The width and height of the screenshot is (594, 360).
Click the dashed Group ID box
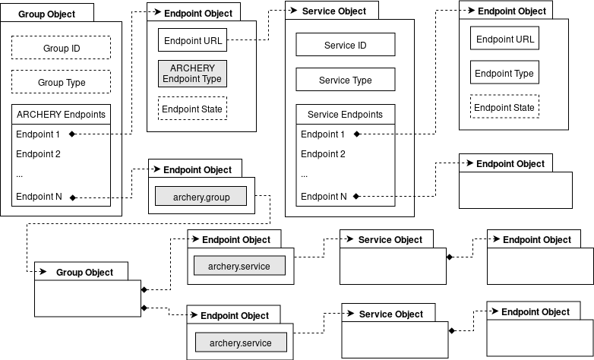click(62, 49)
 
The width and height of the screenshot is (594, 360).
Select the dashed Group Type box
click(62, 82)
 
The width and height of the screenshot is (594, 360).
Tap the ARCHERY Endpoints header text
click(62, 115)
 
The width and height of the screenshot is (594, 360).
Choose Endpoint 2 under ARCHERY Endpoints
click(38, 153)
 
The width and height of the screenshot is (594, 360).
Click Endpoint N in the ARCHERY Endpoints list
click(39, 197)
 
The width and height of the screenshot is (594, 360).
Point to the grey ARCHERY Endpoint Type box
click(193, 73)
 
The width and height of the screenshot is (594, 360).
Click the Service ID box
click(345, 46)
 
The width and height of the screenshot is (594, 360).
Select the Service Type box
click(345, 80)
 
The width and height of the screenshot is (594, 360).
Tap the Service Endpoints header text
click(345, 115)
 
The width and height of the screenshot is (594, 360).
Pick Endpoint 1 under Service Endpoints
click(323, 134)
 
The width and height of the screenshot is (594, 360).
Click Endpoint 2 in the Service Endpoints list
click(323, 153)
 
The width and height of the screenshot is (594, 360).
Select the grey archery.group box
click(201, 196)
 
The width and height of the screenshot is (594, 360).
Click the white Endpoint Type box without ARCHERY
click(504, 74)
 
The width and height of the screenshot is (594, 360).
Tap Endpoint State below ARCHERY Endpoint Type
click(193, 109)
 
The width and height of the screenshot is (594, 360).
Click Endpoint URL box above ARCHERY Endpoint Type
click(193, 40)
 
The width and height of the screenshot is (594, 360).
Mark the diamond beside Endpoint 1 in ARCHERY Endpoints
click(73, 134)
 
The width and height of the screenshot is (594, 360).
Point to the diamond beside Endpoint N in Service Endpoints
click(355, 197)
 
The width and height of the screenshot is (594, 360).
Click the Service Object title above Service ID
click(333, 11)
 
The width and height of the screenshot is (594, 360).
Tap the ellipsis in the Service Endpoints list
click(305, 175)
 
